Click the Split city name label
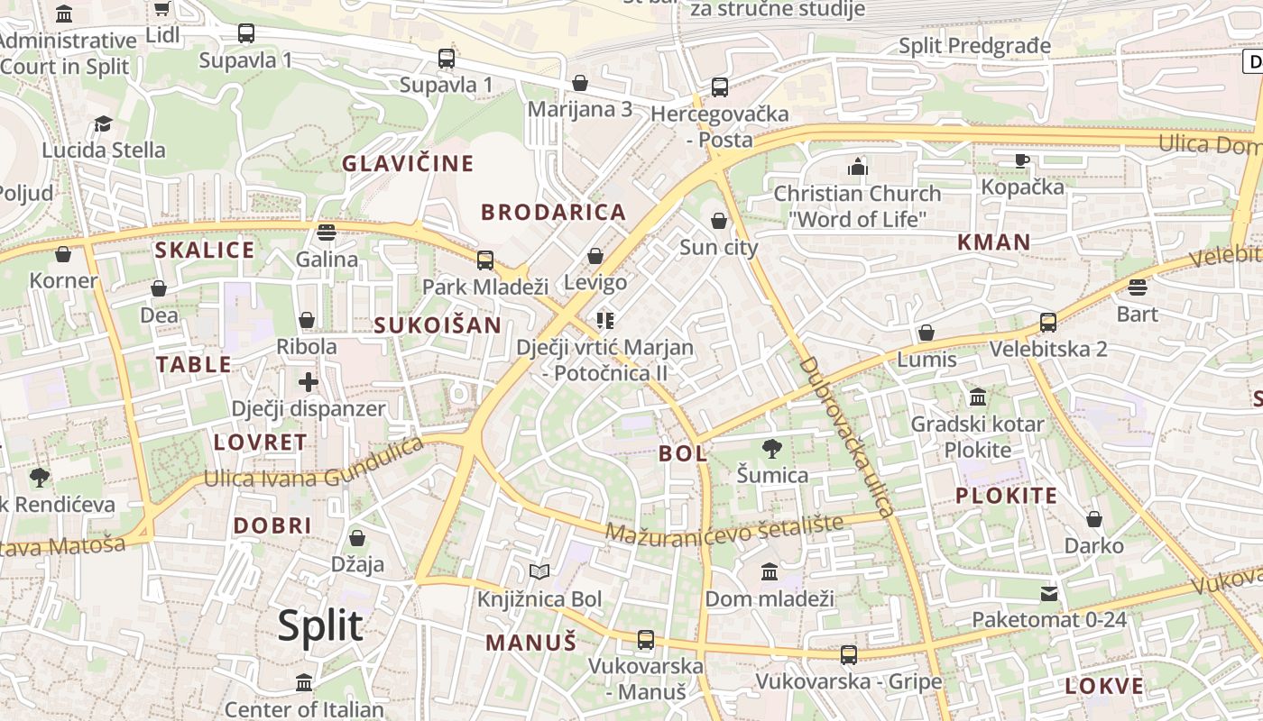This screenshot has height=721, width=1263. pyautogui.click(x=320, y=625)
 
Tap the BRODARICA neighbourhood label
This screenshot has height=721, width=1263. pyautogui.click(x=553, y=213)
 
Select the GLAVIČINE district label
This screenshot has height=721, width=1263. pyautogui.click(x=407, y=163)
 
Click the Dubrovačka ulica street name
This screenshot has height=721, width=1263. pyautogui.click(x=846, y=436)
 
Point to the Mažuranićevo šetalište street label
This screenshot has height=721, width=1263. pyautogui.click(x=724, y=529)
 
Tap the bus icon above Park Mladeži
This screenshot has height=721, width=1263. pyautogui.click(x=485, y=260)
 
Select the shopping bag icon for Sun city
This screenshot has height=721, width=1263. pyautogui.click(x=719, y=221)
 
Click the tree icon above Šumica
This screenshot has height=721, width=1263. pyautogui.click(x=771, y=448)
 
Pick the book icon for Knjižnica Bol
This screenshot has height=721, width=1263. pyautogui.click(x=539, y=571)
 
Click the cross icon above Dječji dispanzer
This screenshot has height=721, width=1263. pyautogui.click(x=309, y=382)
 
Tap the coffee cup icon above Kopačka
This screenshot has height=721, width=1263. pyautogui.click(x=1021, y=160)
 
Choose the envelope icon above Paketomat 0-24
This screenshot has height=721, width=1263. pyautogui.click(x=1049, y=593)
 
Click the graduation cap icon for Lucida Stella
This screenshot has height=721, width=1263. pyautogui.click(x=104, y=123)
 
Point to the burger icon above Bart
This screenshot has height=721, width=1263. pyautogui.click(x=1138, y=287)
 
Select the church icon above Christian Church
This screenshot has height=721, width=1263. pyautogui.click(x=857, y=167)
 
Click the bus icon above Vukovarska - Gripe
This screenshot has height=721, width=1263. pyautogui.click(x=849, y=655)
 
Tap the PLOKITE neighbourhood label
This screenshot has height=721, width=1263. pyautogui.click(x=1006, y=496)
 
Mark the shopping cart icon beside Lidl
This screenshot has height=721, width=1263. pyautogui.click(x=161, y=9)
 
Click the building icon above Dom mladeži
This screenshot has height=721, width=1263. pyautogui.click(x=770, y=572)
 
